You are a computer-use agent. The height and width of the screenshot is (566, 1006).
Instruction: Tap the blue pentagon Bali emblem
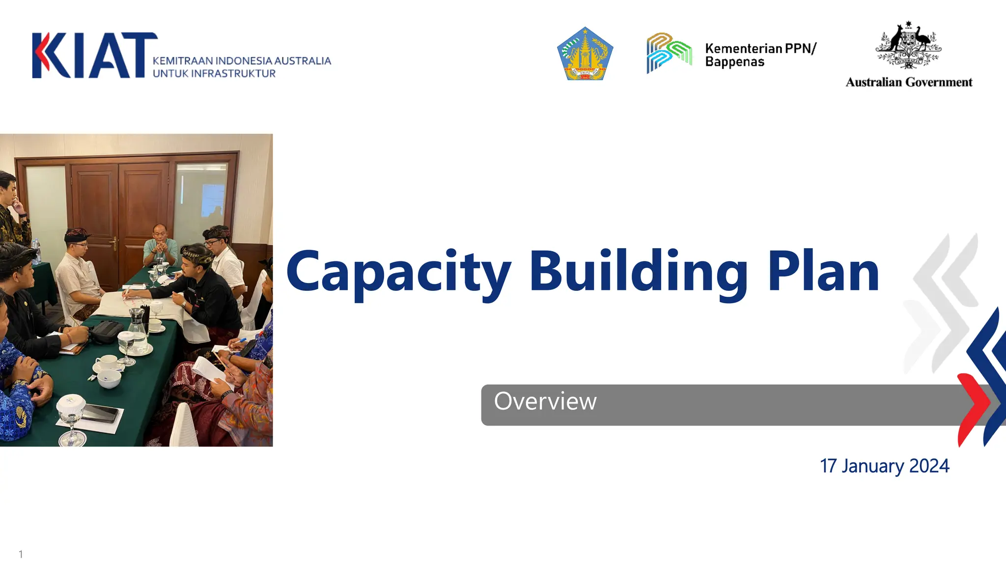[585, 55]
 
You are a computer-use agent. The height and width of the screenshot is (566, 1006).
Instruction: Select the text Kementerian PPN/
[760, 48]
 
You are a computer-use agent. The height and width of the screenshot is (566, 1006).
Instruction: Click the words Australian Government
[909, 82]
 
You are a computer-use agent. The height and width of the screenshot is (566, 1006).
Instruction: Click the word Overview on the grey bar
[545, 401]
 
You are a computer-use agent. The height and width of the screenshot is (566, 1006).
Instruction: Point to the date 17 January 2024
[884, 466]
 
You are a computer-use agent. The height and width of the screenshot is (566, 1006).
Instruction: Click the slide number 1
[21, 554]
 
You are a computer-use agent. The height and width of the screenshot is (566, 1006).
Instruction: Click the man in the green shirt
[160, 246]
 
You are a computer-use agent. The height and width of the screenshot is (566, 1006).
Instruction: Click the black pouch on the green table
[106, 332]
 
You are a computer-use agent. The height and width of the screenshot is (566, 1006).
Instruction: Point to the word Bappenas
[735, 62]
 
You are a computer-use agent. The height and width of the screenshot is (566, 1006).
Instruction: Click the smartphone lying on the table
[101, 413]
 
